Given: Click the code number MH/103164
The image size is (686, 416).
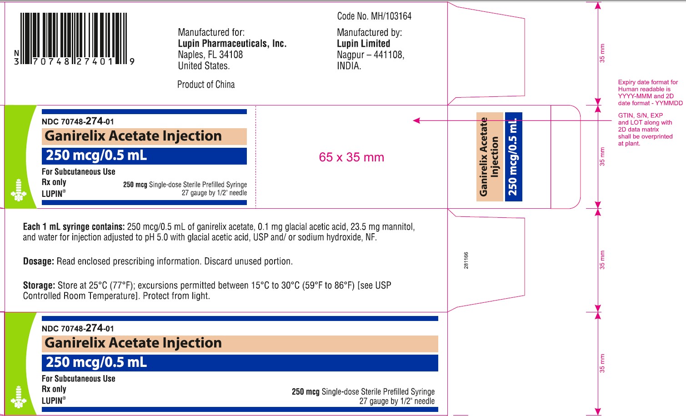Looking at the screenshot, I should pos(374,16).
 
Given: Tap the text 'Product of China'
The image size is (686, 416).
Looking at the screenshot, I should pos(206,85).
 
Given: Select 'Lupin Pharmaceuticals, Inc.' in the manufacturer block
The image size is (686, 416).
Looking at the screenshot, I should pos(232,44).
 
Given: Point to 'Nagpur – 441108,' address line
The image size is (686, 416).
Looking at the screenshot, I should pos(371,55).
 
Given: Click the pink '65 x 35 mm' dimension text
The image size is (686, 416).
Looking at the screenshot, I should pos(351,157).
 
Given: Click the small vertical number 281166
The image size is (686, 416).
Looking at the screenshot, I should pos(466,261).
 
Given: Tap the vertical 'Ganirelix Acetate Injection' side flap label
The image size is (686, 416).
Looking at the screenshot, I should pos(489,157).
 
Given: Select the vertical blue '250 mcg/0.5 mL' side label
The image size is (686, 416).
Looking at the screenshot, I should pos(513,157).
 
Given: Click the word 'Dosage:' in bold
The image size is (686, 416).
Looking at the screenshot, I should pos(39,261).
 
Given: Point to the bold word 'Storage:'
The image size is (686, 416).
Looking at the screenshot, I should pos(39,286).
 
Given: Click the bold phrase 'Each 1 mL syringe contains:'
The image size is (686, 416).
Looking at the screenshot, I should pos(74,227).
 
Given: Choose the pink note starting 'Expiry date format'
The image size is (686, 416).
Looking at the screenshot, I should pos(650,93).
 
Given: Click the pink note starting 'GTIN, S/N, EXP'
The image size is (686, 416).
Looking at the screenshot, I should pos(645,129).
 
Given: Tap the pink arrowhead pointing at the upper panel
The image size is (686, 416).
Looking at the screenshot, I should pos(416,120).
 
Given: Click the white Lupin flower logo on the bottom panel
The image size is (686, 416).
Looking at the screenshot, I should pos(19,397).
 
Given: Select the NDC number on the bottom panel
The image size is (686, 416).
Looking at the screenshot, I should pos(78,328).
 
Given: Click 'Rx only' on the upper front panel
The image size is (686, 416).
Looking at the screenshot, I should pos(54,182).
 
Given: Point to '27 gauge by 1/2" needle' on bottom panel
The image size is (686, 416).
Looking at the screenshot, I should pos(397,401).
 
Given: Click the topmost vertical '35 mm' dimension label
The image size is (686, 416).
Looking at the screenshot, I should pos(602,53).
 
